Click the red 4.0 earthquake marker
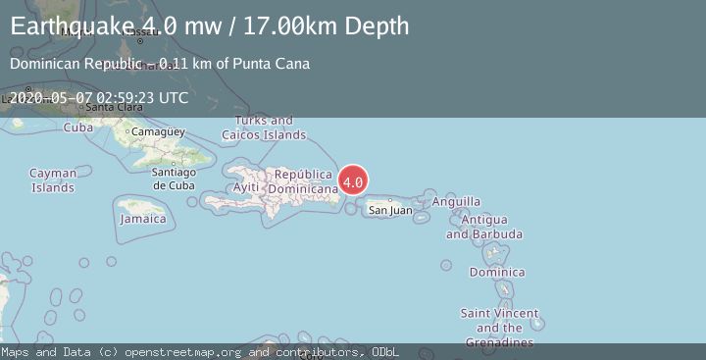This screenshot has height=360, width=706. (x=353, y=180)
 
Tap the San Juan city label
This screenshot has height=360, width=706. (x=389, y=210)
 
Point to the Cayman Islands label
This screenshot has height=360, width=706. (x=53, y=180)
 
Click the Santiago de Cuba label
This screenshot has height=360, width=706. (x=175, y=179)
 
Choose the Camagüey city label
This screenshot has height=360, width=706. (x=158, y=131)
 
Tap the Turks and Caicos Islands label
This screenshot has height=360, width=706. (x=264, y=128)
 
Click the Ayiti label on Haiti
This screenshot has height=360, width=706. (x=245, y=187)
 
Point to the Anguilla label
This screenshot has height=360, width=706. (x=456, y=202)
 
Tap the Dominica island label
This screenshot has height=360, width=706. (x=497, y=272)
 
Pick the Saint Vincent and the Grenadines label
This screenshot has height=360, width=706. (x=500, y=328)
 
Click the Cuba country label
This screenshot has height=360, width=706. (x=77, y=128)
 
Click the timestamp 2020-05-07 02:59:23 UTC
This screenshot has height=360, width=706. (x=98, y=97)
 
